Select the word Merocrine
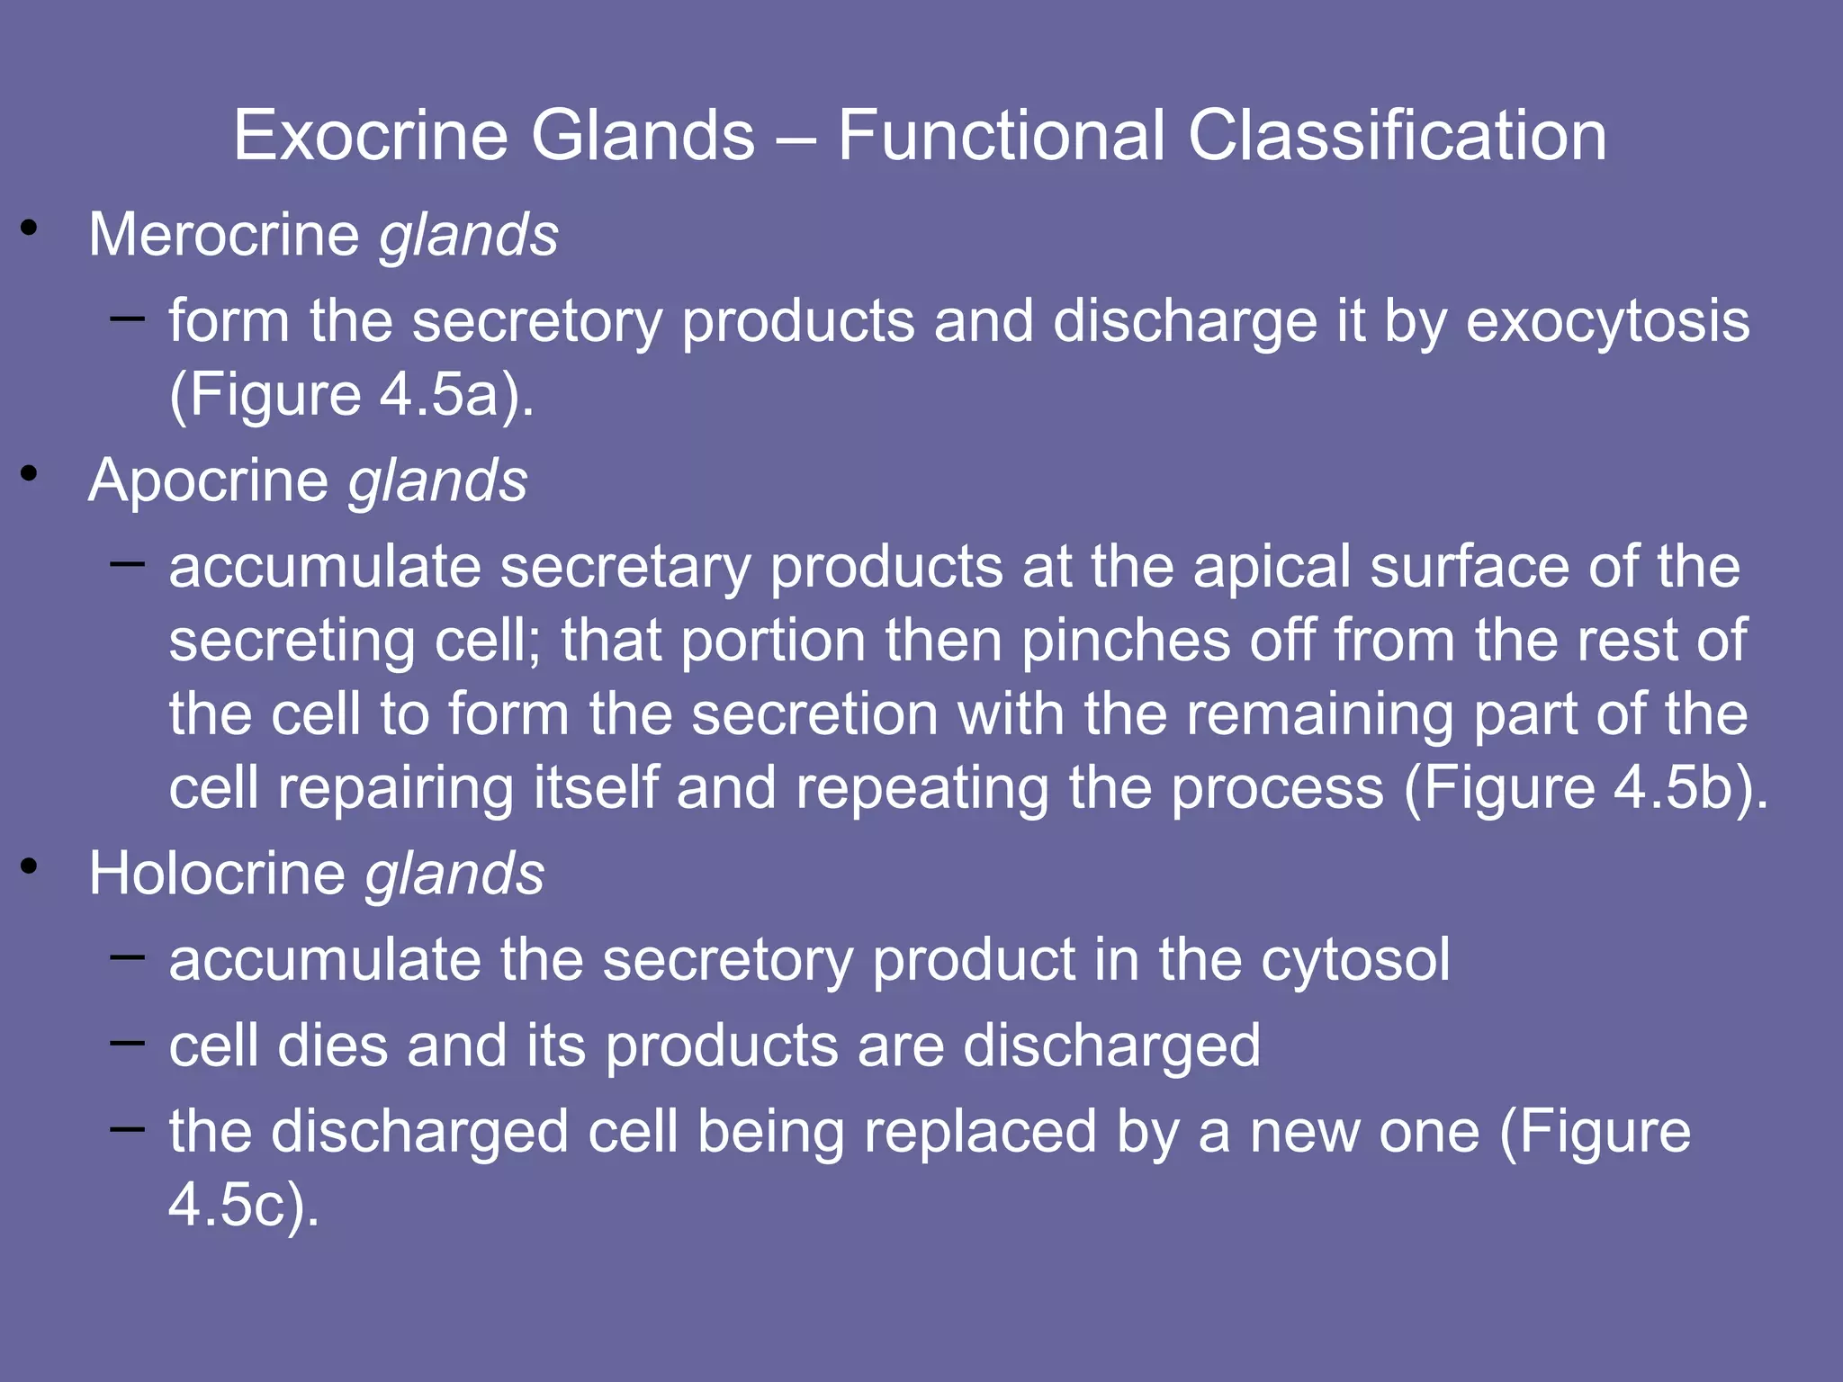click(223, 235)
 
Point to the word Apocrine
click(208, 480)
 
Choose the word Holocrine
click(216, 874)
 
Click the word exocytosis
click(1607, 321)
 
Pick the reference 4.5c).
click(244, 1205)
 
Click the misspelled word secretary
click(625, 567)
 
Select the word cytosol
click(1355, 960)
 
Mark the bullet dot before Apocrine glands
click(30, 474)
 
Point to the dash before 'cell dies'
click(127, 1043)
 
